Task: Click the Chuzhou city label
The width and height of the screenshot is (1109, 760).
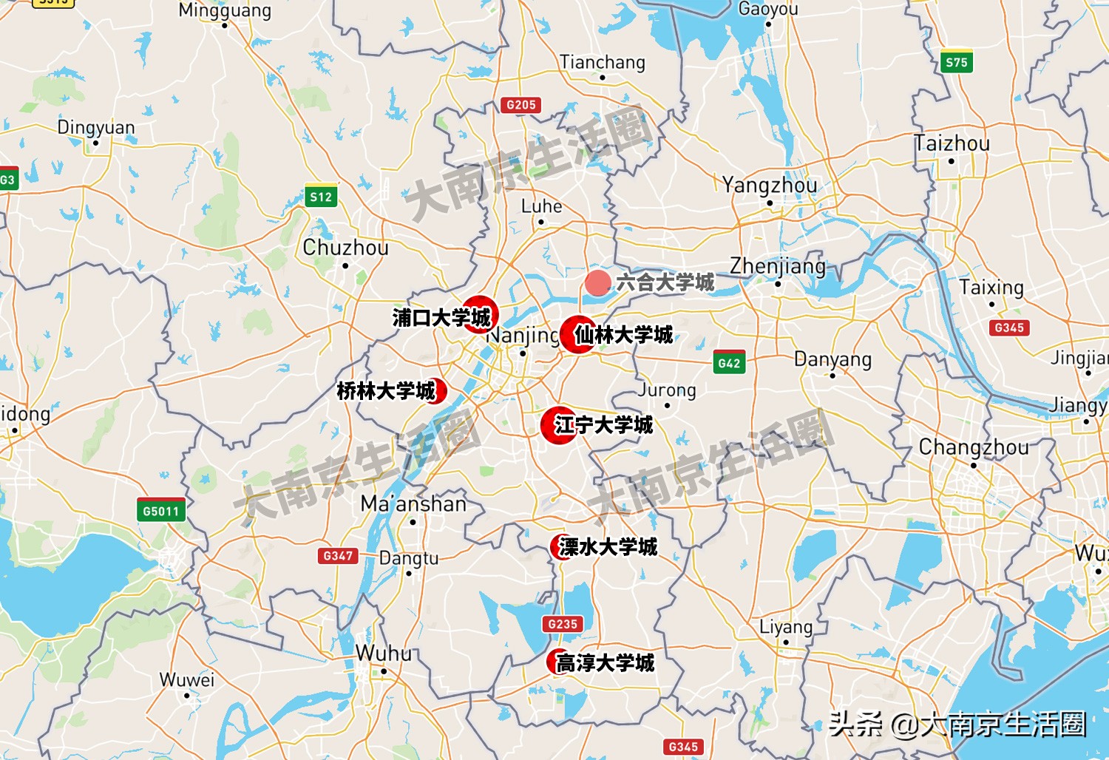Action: pyautogui.click(x=345, y=248)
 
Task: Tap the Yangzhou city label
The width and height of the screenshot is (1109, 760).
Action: pyautogui.click(x=770, y=185)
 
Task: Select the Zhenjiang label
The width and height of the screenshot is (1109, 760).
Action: pyautogui.click(x=778, y=266)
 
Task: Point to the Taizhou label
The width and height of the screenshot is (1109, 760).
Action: pyautogui.click(x=952, y=143)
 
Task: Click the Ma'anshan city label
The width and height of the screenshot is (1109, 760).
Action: pyautogui.click(x=413, y=504)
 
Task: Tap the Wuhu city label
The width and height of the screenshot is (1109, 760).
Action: pyautogui.click(x=384, y=654)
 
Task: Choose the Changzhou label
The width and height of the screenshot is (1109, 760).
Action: pyautogui.click(x=974, y=447)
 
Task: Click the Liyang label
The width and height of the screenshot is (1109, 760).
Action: pyautogui.click(x=786, y=628)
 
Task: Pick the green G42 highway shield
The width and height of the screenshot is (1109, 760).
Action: pyautogui.click(x=729, y=363)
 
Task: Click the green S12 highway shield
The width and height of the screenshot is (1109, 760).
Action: pyautogui.click(x=321, y=197)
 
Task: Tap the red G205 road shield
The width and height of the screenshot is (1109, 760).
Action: pyautogui.click(x=521, y=105)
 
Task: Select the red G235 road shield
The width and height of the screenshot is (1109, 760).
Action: pyautogui.click(x=563, y=624)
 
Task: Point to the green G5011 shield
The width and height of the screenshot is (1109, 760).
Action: pyautogui.click(x=161, y=511)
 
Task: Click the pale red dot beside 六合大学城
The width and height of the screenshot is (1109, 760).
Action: pyautogui.click(x=597, y=282)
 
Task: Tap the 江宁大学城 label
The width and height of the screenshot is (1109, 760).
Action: pyautogui.click(x=603, y=425)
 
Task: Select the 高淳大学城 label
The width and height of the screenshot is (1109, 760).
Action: pyautogui.click(x=605, y=663)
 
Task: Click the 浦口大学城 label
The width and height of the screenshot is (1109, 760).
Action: pyautogui.click(x=441, y=318)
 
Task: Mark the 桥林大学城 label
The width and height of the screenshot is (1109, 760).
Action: pyautogui.click(x=386, y=391)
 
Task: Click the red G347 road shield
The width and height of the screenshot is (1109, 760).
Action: pyautogui.click(x=338, y=556)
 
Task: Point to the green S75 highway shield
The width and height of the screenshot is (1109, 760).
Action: pyautogui.click(x=956, y=63)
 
